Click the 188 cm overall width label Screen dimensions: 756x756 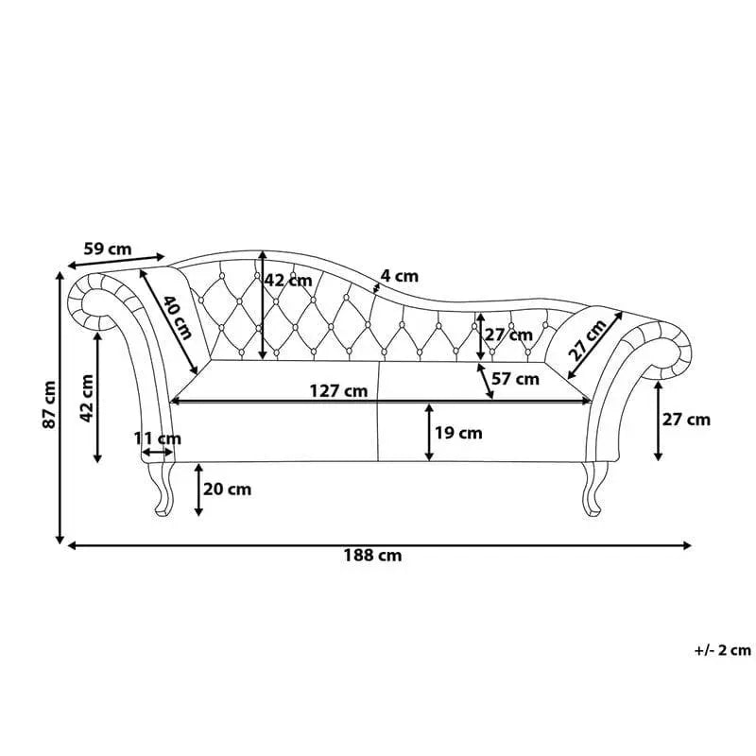372,556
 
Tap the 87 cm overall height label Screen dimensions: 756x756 50,404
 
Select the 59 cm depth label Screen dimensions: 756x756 108,249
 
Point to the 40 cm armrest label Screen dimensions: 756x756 177,318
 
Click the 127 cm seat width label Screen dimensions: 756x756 338,390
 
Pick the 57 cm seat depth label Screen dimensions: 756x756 515,379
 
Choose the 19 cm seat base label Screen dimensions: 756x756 458,433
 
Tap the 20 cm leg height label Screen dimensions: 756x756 227,490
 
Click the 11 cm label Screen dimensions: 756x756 157,438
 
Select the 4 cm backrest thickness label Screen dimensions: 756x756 400,276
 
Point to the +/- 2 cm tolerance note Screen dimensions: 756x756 723,650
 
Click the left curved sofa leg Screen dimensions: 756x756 163,489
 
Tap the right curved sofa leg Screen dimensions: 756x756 593,489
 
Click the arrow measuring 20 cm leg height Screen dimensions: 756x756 198,490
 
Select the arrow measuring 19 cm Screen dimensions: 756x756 429,433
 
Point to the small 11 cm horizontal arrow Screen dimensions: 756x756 157,453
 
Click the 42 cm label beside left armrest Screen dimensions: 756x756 87,398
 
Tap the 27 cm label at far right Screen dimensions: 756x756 686,420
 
